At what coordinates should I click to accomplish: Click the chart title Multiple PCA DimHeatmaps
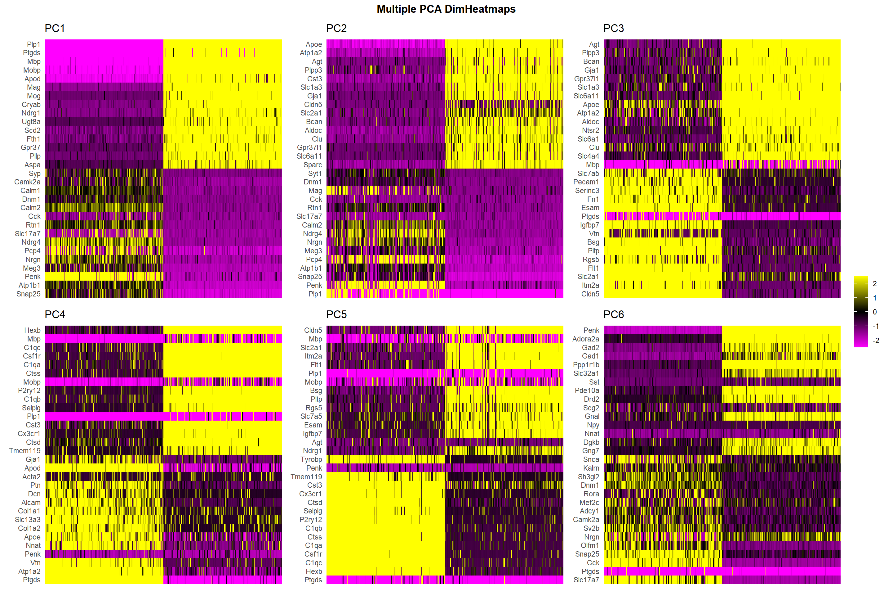[446, 9]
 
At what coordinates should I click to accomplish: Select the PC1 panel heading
[55, 29]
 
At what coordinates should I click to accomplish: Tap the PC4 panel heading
[55, 314]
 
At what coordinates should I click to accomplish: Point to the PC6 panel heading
[614, 314]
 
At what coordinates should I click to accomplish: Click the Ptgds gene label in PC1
[32, 53]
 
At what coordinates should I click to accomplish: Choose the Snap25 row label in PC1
[29, 294]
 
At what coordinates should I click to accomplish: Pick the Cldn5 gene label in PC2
[313, 105]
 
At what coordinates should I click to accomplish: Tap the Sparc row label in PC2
[313, 165]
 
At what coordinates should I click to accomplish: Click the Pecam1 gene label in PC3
[586, 182]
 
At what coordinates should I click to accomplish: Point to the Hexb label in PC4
[32, 330]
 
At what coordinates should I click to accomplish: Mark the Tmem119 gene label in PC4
[25, 451]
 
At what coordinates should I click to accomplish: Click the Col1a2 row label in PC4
[29, 528]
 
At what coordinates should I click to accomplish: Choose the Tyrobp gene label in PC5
[311, 459]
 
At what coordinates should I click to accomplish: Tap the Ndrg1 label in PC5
[312, 451]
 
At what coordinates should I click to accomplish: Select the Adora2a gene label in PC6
[585, 339]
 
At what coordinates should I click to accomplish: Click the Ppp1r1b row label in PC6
[586, 365]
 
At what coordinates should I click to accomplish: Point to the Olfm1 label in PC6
[590, 545]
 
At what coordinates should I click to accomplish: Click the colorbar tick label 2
[875, 283]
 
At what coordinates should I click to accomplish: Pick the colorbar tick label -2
[876, 341]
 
